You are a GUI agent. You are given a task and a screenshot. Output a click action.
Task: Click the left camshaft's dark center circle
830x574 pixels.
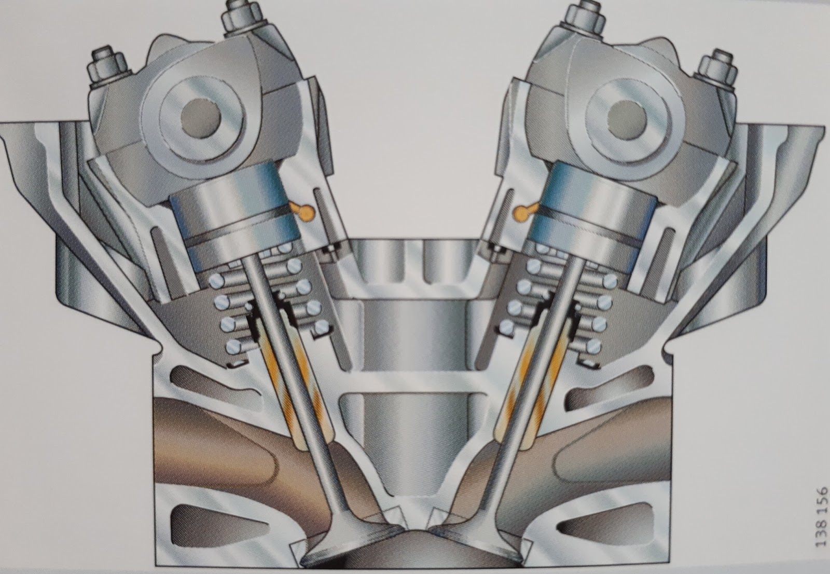pyautogui.click(x=201, y=120)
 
